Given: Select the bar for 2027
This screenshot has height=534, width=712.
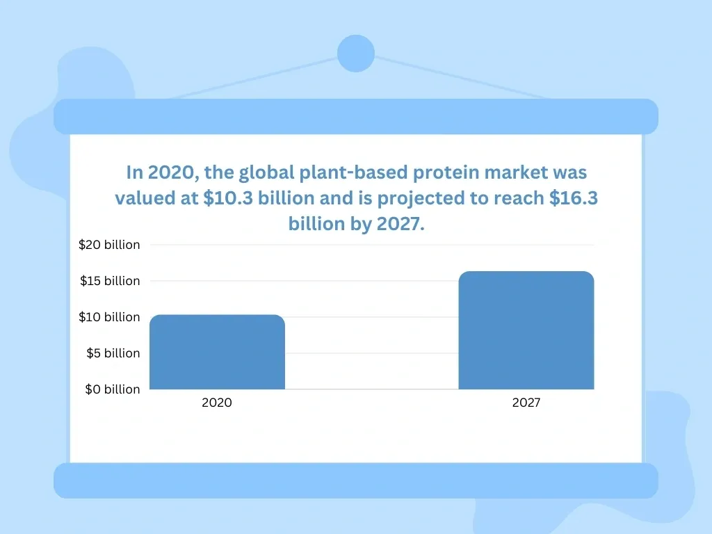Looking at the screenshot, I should (x=526, y=330).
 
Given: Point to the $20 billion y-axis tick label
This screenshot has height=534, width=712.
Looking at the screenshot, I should (x=109, y=245).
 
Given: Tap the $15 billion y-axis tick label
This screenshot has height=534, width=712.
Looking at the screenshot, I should (x=109, y=281).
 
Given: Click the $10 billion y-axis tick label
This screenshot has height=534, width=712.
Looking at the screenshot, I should (x=109, y=317).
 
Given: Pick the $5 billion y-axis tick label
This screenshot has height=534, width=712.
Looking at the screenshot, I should (x=113, y=353).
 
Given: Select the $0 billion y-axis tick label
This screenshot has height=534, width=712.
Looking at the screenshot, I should (x=113, y=389).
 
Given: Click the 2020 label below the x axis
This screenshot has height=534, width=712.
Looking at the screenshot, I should (x=217, y=403).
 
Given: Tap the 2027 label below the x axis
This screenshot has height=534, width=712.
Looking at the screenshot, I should (x=526, y=403).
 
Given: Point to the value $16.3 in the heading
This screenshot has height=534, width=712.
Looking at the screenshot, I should (x=574, y=198).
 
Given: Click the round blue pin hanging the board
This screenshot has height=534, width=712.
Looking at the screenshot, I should (x=355, y=54).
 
